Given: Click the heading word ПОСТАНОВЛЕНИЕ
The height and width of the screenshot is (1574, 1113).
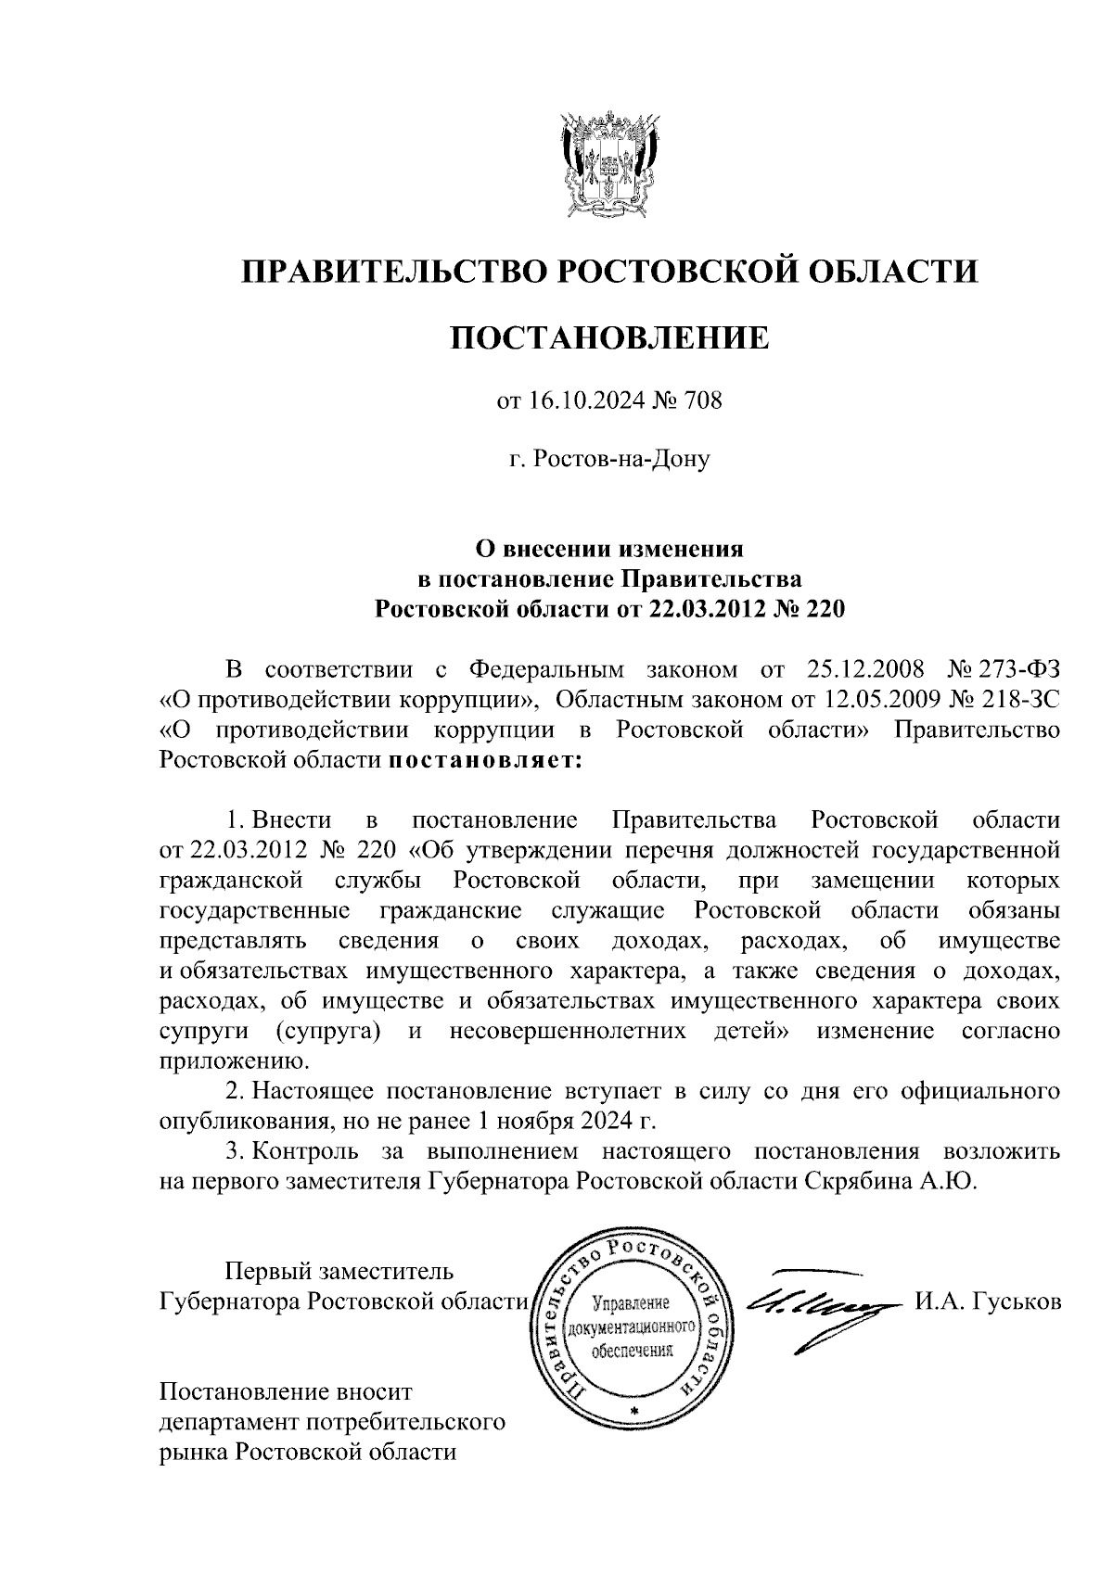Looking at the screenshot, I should (x=609, y=337).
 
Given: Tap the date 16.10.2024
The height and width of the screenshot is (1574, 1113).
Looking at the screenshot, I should (x=575, y=401).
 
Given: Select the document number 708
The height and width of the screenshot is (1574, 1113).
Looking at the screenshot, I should (x=702, y=401).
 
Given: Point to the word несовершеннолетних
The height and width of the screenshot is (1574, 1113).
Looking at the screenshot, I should (x=568, y=1032).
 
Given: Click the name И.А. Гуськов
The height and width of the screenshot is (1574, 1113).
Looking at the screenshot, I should (x=988, y=1302).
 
